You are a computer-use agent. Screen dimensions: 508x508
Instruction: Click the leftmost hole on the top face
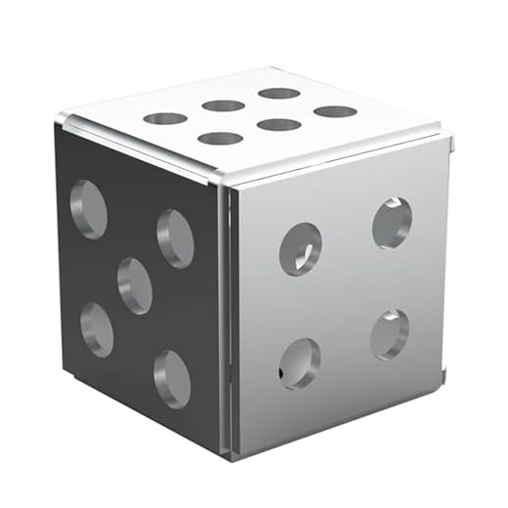165,119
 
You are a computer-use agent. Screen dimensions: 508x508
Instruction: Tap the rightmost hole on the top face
335,111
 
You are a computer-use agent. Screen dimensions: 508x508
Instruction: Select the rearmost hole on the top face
279,94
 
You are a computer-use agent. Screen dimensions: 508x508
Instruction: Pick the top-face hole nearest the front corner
220,139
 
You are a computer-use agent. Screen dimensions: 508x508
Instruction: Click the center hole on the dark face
135,285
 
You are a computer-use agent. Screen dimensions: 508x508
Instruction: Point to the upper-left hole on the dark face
89,209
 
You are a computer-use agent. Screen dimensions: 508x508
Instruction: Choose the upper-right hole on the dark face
175,237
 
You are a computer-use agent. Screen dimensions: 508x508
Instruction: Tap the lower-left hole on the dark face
96,328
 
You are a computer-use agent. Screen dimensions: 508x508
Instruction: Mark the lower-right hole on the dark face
172,378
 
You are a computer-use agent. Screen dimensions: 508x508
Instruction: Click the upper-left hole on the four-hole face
300,249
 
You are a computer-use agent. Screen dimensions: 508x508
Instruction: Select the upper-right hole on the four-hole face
392,223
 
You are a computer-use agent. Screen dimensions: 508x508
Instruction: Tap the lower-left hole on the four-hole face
299,363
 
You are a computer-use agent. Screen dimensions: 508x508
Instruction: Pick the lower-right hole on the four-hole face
389,334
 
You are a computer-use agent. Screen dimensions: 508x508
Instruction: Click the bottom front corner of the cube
231,457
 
